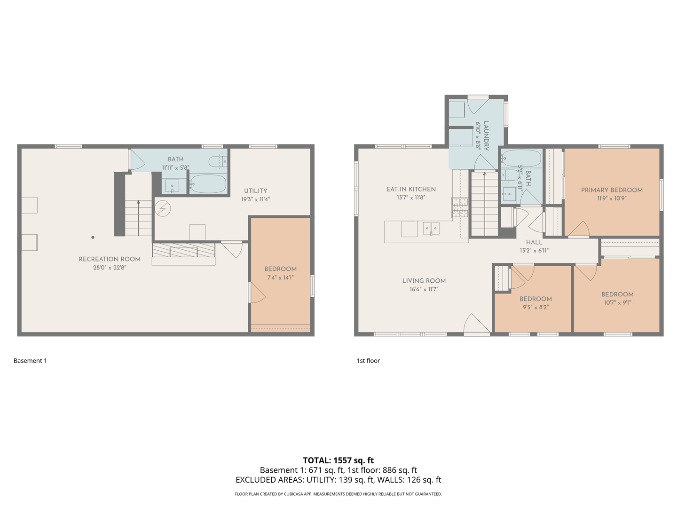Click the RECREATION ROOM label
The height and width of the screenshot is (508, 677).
coord(110,259)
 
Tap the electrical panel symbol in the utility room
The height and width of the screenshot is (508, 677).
coord(163,208)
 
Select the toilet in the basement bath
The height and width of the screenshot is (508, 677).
coord(218,161)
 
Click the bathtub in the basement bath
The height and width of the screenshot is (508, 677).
coord(208,184)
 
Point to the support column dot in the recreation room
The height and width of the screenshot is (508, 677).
coord(93,238)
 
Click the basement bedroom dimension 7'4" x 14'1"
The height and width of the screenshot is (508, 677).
coord(280,278)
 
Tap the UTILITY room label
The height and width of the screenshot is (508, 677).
coord(255,191)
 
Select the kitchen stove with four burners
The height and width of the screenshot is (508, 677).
coord(460,207)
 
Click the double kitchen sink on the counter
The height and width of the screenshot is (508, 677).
coord(431,228)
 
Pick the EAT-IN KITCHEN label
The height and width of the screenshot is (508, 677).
coord(411,189)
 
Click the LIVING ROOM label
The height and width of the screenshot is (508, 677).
coord(424,281)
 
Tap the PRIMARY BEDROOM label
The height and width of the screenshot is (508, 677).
coord(612,190)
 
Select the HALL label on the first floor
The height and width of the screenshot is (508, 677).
coord(534,242)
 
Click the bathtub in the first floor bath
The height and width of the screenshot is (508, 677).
coord(522,159)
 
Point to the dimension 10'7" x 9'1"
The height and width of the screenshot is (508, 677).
coord(617,302)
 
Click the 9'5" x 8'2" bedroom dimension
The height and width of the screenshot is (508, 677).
coord(535,307)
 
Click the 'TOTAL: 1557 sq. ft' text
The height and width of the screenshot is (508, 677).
coord(338,460)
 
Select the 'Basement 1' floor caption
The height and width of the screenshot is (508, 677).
coord(30,361)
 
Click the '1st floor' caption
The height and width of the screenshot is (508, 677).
coord(368,361)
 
